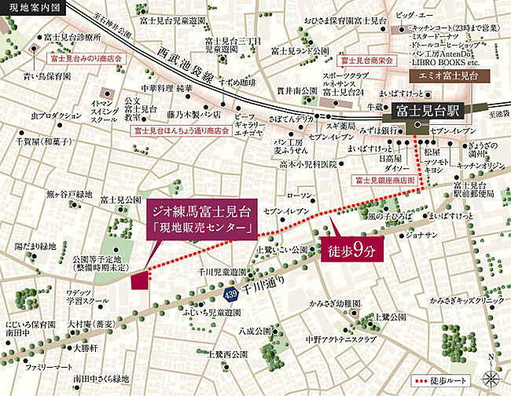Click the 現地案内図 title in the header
click(x=29, y=7)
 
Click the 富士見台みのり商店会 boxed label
click(x=79, y=58)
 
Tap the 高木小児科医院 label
click(x=307, y=165)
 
